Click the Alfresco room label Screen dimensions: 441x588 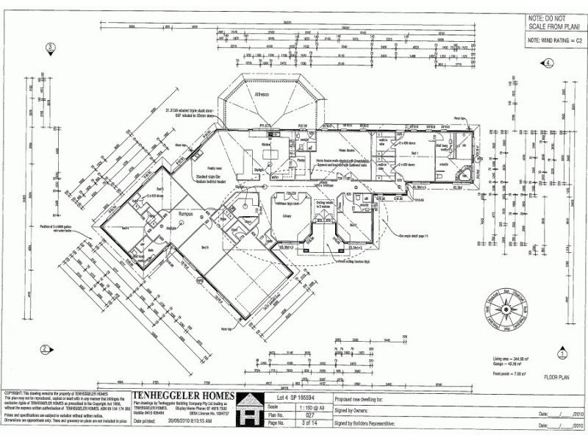(x=262, y=95)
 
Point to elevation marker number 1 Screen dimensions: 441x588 (x=561, y=353)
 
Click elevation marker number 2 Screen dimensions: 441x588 (x=45, y=349)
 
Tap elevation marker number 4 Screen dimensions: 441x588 (x=548, y=63)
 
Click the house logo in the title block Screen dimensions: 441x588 (x=251, y=409)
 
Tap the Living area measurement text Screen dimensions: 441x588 (x=506, y=358)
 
